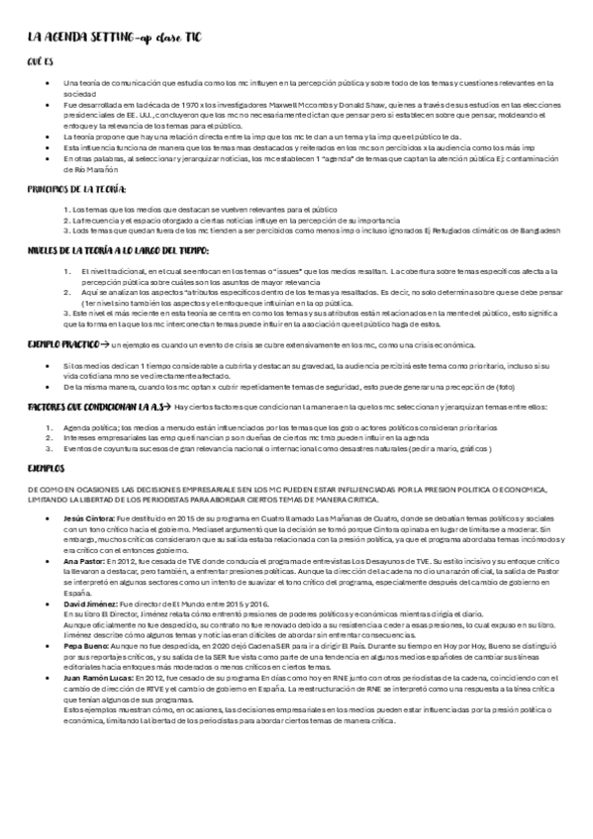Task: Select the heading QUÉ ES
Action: tap(39, 61)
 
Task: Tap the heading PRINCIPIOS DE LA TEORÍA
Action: tap(77, 188)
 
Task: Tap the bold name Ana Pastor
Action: tap(80, 560)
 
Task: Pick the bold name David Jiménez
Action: tap(87, 603)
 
